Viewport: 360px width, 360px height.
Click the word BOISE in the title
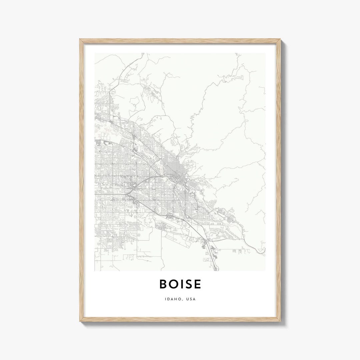coord(180,284)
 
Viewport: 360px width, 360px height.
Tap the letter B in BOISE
coord(163,284)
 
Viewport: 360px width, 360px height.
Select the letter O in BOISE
coord(173,284)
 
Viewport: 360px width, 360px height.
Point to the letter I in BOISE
coord(182,284)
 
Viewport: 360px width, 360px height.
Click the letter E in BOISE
coord(198,284)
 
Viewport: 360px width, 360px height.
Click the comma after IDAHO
coord(181,300)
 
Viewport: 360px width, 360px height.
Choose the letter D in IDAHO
coord(169,299)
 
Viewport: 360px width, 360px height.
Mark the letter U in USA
coord(188,299)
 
